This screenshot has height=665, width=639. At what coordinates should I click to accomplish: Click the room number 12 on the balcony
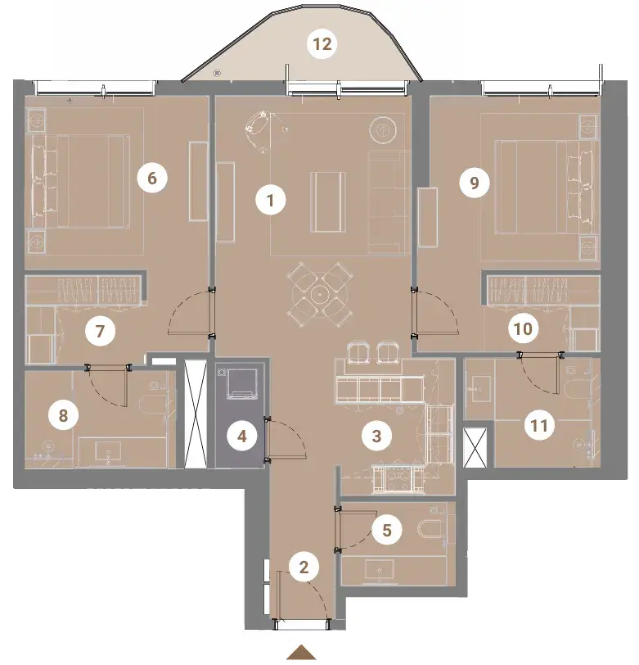point(322,44)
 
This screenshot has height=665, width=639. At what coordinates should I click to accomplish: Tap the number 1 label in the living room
point(271,200)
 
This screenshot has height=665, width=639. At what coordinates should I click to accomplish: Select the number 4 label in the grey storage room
point(242,436)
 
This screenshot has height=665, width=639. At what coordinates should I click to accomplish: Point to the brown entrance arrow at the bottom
point(301,652)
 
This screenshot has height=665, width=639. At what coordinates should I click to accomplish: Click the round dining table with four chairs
point(320,294)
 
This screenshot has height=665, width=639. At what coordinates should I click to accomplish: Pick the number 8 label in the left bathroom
point(63,415)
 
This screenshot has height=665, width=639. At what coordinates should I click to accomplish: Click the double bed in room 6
point(80,181)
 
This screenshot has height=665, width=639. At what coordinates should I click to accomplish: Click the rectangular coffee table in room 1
point(328,201)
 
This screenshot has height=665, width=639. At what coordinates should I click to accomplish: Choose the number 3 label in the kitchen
point(376,436)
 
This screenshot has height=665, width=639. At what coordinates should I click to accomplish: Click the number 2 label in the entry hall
point(304,567)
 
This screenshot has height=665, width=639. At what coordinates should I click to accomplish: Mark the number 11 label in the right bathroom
point(539,425)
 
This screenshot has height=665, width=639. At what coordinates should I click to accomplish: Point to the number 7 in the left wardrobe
point(100,331)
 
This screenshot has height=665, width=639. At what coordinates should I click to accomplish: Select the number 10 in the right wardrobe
point(523,328)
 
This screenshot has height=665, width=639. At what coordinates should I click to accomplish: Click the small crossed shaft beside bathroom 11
point(475,447)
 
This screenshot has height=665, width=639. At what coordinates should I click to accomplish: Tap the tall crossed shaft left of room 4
point(196,414)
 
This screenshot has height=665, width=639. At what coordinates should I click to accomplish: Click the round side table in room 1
point(383,129)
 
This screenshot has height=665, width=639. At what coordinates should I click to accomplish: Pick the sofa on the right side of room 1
point(389,203)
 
